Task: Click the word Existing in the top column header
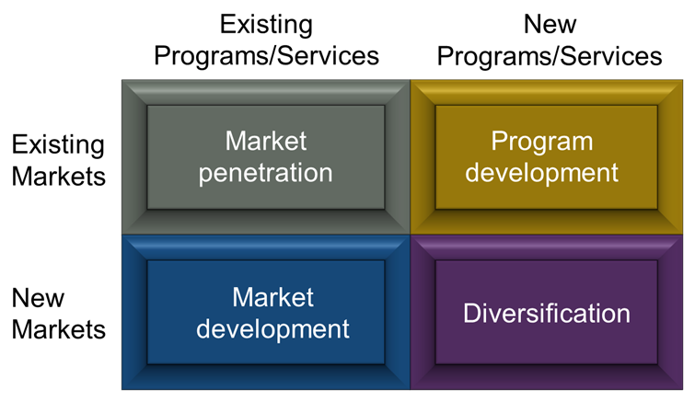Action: (x=266, y=25)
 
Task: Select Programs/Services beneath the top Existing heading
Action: (x=266, y=57)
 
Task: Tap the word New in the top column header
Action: (x=550, y=24)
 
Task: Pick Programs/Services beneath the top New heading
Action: (x=550, y=57)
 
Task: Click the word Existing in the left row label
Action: (x=58, y=145)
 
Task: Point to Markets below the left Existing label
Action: (x=59, y=177)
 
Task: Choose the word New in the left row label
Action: (x=38, y=298)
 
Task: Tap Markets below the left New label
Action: (x=59, y=329)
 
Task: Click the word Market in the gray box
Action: (x=266, y=141)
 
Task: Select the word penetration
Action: (x=265, y=173)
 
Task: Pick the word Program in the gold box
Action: (x=541, y=143)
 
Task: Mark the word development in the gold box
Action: (x=541, y=172)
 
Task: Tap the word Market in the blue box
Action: (x=273, y=297)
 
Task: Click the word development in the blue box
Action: (x=273, y=329)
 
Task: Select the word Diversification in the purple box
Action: (x=547, y=314)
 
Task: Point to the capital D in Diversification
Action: (x=472, y=314)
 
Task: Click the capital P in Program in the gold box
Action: (x=499, y=142)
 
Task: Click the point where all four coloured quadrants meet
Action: (x=411, y=235)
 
